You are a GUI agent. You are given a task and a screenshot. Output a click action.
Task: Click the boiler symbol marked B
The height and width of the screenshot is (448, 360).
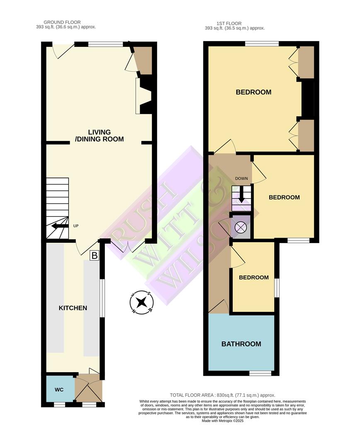point(95,256)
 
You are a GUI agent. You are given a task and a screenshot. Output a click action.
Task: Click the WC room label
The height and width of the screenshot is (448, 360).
point(58,390)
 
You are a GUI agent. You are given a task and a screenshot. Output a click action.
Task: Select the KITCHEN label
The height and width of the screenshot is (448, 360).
point(73,308)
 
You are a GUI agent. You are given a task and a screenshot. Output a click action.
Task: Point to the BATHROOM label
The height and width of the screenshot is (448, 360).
point(241,344)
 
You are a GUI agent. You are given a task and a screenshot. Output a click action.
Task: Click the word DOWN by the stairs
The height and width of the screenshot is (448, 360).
point(241,179)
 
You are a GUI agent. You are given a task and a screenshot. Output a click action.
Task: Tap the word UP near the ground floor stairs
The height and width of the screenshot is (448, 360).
point(76,226)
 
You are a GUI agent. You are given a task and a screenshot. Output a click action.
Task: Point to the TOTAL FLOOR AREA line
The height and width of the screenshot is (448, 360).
point(223,395)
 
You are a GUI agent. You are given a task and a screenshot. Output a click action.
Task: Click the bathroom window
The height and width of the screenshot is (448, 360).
point(260,373)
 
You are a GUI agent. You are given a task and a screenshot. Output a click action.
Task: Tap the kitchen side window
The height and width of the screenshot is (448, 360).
point(102,298)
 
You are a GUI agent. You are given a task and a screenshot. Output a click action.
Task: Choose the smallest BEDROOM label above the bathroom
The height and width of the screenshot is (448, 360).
point(253,278)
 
